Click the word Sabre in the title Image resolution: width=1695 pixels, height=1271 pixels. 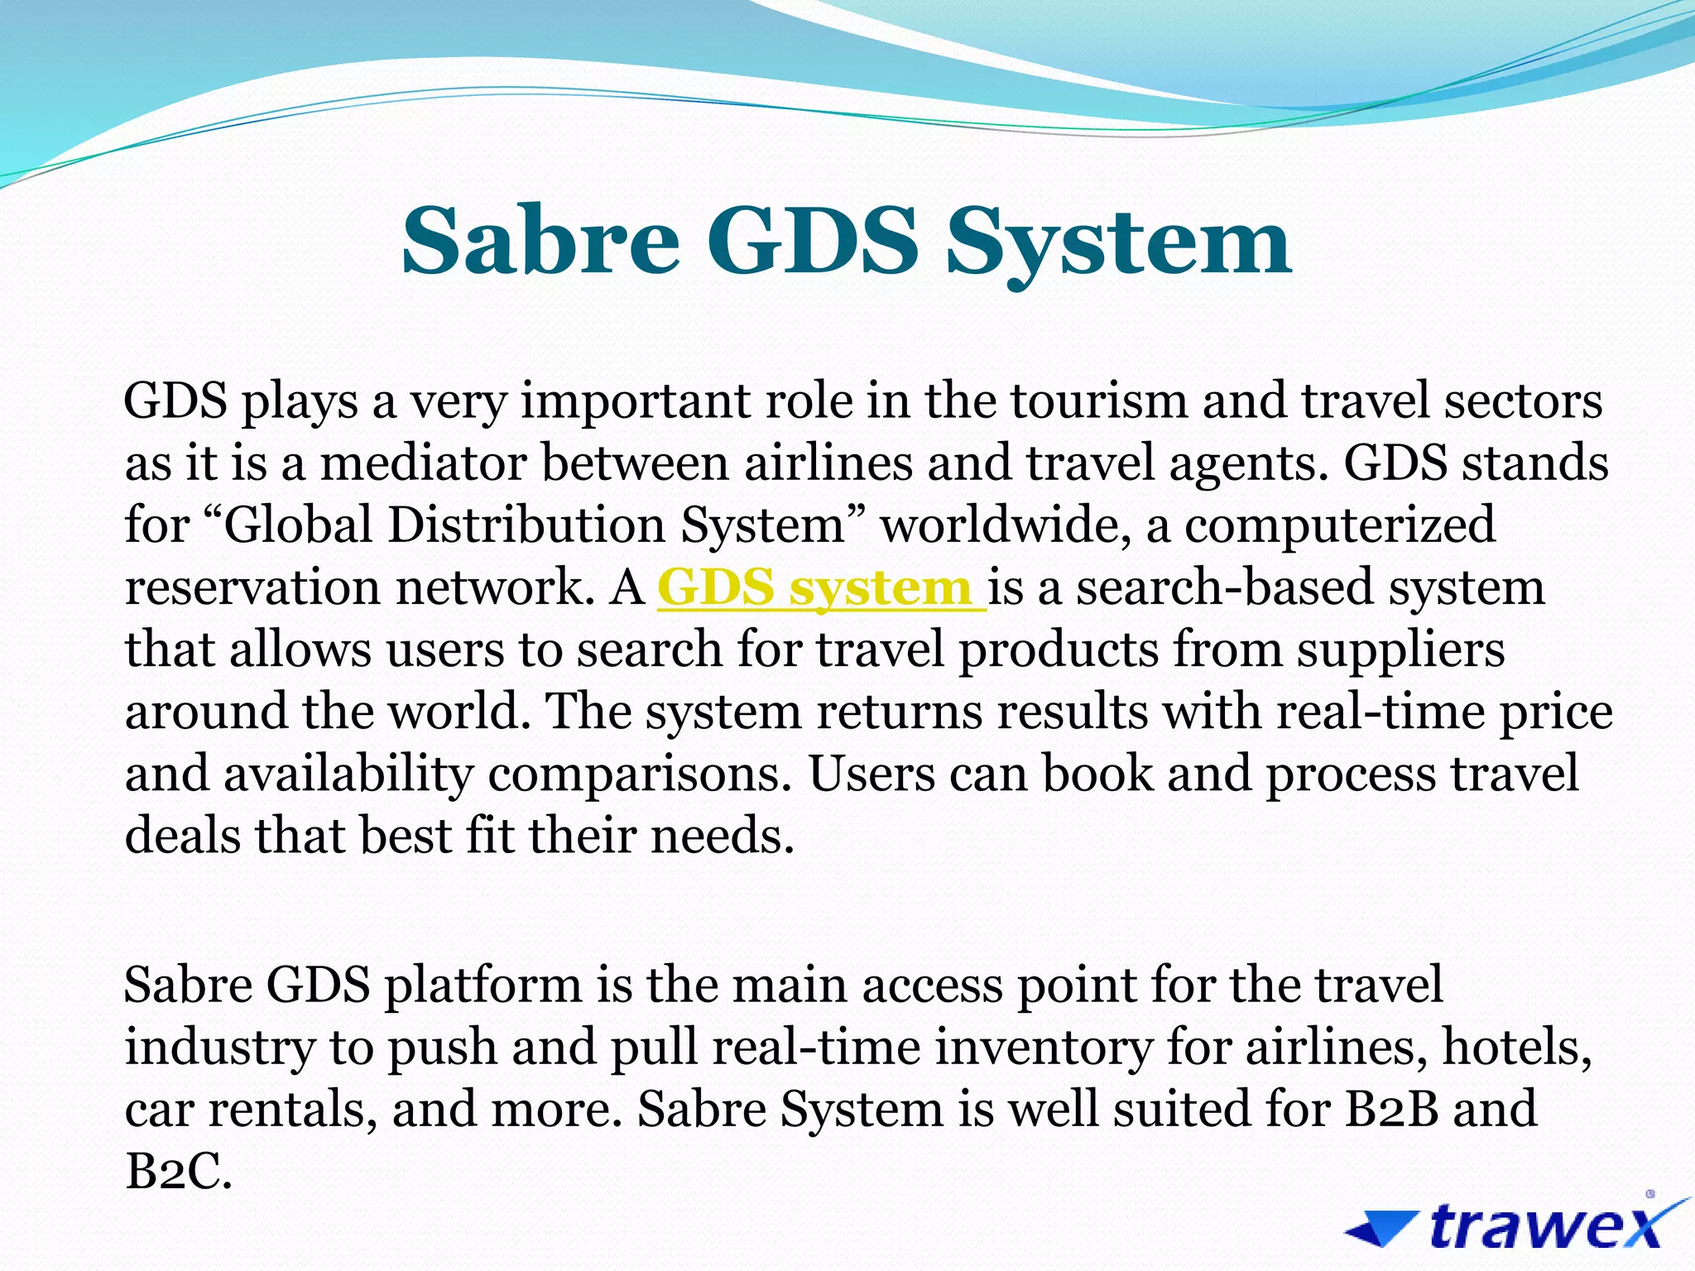pos(540,241)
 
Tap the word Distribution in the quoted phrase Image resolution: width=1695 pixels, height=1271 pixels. pos(526,525)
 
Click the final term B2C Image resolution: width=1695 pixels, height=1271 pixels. pos(177,1172)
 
